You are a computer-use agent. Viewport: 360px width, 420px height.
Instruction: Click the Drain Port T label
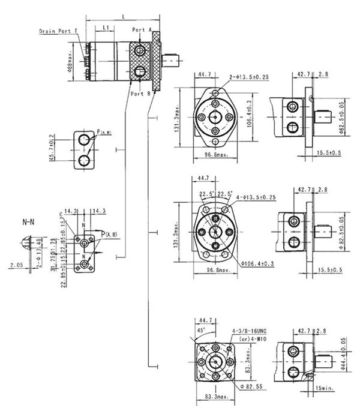[x=58, y=30]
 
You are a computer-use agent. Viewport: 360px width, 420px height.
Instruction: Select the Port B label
[x=140, y=94]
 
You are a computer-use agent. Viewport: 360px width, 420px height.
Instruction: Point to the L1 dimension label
[x=105, y=28]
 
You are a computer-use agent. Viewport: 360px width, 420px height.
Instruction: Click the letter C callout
[x=61, y=214]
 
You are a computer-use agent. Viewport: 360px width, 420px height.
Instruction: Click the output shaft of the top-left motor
[x=173, y=59]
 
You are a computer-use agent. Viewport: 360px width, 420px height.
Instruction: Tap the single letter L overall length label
[x=124, y=16]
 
